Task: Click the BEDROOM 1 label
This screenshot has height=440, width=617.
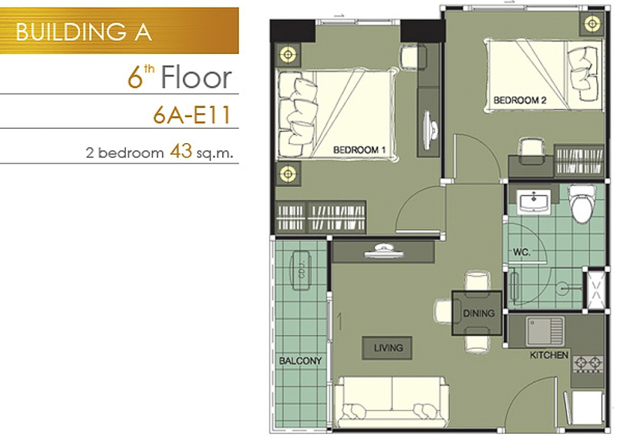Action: [359, 149]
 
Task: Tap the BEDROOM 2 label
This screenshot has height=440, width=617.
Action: [520, 100]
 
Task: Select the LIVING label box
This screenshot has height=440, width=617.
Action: [387, 348]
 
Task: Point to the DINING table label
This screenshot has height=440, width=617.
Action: [478, 314]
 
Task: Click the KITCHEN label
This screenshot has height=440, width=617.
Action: [549, 355]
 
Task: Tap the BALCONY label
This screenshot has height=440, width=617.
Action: [300, 361]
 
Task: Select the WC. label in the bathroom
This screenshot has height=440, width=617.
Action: [521, 252]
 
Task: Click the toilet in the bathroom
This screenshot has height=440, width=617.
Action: [582, 203]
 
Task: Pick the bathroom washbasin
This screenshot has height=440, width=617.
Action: [534, 201]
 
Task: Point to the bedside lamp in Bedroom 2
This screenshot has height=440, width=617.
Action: [592, 24]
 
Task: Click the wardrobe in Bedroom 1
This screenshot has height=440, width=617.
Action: [321, 217]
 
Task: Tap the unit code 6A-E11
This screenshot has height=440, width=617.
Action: [191, 116]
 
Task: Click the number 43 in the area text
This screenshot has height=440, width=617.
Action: [180, 151]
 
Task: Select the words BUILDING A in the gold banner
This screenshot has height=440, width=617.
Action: [83, 32]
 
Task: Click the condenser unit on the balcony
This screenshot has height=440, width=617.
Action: [301, 270]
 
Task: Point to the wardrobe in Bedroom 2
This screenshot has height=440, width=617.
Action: [579, 160]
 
